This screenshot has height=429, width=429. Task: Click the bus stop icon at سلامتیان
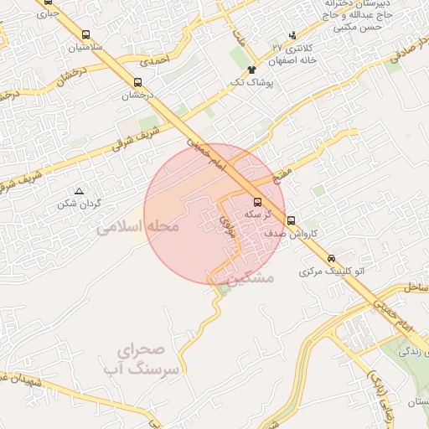tap(86, 35)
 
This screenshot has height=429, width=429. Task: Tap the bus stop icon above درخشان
tap(138, 82)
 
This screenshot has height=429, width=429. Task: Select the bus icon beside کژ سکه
tap(257, 202)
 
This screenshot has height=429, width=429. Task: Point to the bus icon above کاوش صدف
tap(291, 220)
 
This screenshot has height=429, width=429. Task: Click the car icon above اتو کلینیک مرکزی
tap(332, 258)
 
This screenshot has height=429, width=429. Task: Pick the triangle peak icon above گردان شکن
tap(80, 191)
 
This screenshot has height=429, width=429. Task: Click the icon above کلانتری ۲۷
tap(292, 35)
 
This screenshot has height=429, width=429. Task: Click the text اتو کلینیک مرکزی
tap(333, 272)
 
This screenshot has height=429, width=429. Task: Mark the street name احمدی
tap(154, 61)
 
